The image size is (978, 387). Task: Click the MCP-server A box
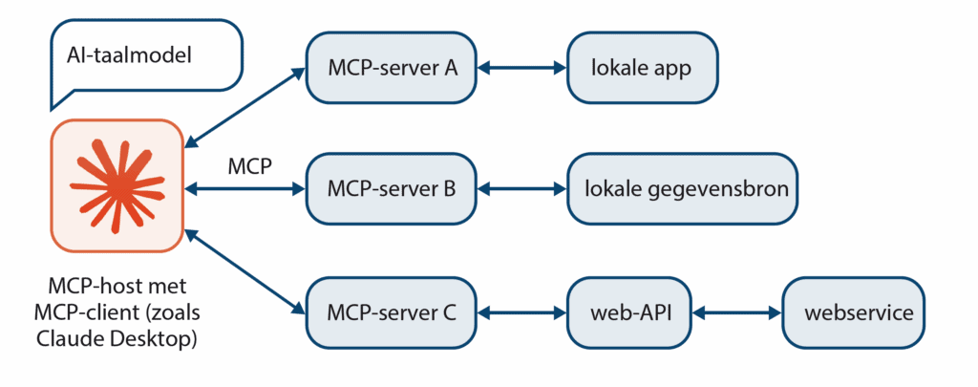pyautogui.click(x=392, y=68)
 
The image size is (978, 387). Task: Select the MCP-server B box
pyautogui.click(x=392, y=189)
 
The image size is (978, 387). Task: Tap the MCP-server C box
pyautogui.click(x=392, y=312)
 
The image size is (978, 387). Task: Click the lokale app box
pyautogui.click(x=641, y=68)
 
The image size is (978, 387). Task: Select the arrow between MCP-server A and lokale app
pyautogui.click(x=522, y=68)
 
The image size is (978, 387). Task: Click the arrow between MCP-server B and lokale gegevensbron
pyautogui.click(x=522, y=189)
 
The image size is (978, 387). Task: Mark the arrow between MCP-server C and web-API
pyautogui.click(x=522, y=312)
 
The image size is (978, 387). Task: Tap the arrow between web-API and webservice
pyautogui.click(x=736, y=312)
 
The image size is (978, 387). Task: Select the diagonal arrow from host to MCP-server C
pyautogui.click(x=244, y=271)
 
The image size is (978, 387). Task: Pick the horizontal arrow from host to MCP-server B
pyautogui.click(x=244, y=189)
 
